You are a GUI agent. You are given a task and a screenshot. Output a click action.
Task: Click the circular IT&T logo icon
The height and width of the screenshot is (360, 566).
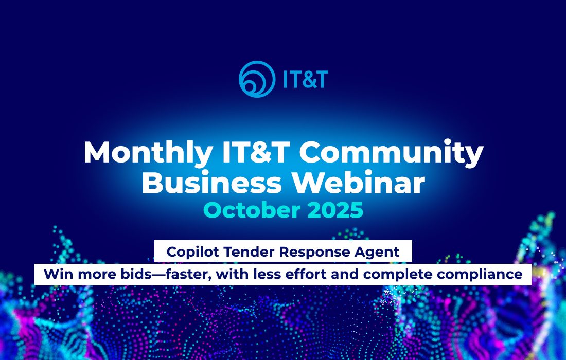(x=257, y=79)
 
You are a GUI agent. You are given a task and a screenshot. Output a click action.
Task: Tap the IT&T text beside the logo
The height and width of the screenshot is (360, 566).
(x=305, y=79)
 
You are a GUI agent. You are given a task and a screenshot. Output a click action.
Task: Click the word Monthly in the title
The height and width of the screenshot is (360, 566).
(x=147, y=153)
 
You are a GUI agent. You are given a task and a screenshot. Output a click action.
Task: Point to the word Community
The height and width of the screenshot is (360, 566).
(x=391, y=153)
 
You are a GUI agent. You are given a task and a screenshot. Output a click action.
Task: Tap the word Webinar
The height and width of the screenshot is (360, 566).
(x=358, y=183)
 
